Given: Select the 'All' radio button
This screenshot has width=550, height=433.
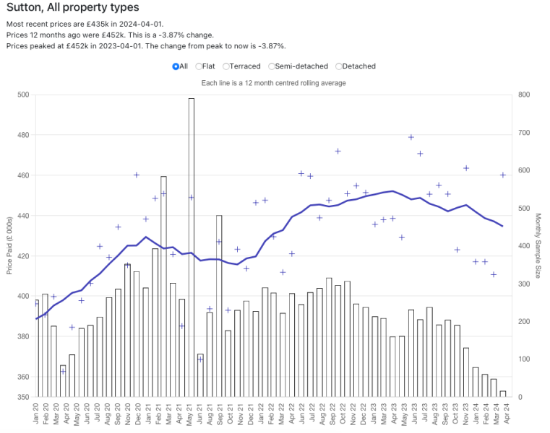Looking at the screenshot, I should pyautogui.click(x=176, y=66).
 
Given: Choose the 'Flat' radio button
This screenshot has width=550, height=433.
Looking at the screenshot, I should pyautogui.click(x=199, y=66).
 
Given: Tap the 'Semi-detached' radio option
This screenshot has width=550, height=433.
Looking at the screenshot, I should pyautogui.click(x=272, y=66).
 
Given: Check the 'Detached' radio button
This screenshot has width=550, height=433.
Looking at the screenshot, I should pyautogui.click(x=339, y=66).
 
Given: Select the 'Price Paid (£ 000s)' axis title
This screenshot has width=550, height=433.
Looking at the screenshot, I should pyautogui.click(x=9, y=245).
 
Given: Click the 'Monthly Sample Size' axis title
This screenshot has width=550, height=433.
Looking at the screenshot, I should pyautogui.click(x=538, y=245).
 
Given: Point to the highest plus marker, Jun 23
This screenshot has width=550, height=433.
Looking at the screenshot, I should pyautogui.click(x=411, y=137).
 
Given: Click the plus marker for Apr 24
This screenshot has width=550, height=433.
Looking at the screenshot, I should pyautogui.click(x=503, y=175).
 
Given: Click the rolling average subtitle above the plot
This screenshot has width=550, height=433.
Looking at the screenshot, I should pyautogui.click(x=273, y=83).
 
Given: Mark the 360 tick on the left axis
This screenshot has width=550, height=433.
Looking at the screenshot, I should pyautogui.click(x=22, y=377).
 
